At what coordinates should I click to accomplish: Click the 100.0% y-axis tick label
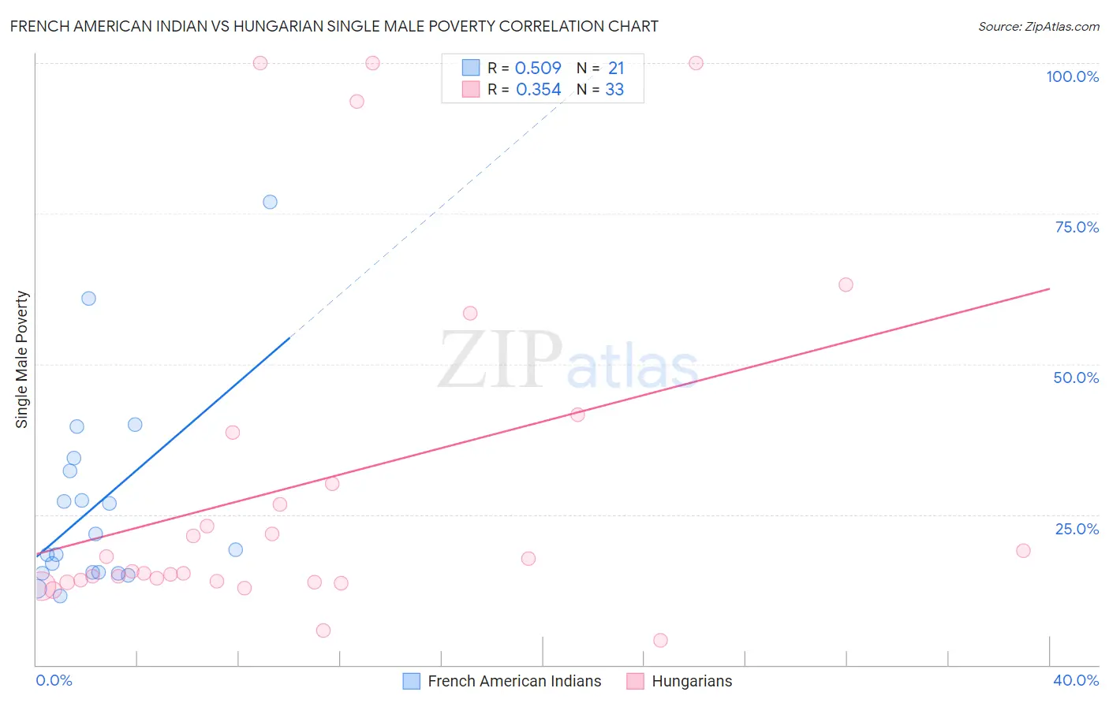[x=1072, y=76]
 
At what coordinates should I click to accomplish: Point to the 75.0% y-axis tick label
[x=1077, y=227]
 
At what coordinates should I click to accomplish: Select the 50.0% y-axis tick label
[x=1076, y=378]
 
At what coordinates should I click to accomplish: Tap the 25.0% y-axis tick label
[x=1077, y=529]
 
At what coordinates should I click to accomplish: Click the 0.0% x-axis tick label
[x=54, y=680]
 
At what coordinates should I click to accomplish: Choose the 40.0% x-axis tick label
[x=1076, y=680]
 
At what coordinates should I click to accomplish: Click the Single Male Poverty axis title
[x=21, y=359]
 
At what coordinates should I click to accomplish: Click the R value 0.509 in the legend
[x=538, y=69]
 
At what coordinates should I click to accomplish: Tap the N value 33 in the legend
[x=614, y=90]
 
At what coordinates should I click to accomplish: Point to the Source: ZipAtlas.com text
[x=1038, y=27]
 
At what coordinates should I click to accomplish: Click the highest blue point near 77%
[x=270, y=202]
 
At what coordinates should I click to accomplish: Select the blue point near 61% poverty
[x=88, y=299]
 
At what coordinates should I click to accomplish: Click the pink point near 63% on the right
[x=846, y=285]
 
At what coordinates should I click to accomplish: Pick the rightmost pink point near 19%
[x=1023, y=551]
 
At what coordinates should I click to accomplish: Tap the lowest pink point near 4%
[x=660, y=640]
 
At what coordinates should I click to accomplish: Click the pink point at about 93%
[x=357, y=102]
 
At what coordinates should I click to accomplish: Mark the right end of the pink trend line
[x=1049, y=288]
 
